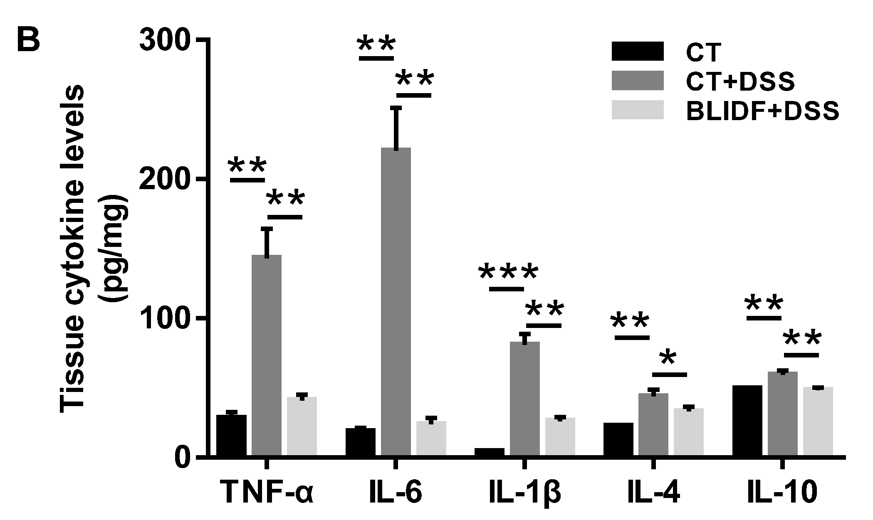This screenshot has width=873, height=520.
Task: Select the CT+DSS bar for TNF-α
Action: click(267, 355)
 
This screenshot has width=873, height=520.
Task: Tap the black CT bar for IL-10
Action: click(747, 421)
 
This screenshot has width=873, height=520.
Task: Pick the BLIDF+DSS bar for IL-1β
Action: click(560, 437)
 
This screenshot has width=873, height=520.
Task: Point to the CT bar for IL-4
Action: click(618, 439)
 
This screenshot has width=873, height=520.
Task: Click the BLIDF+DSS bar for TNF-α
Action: click(302, 426)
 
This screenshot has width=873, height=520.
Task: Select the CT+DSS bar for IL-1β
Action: click(525, 399)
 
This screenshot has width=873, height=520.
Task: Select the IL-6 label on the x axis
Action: click(396, 493)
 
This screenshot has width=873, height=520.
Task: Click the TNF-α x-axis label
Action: click(267, 493)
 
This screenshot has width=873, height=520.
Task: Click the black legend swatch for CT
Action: click(638, 52)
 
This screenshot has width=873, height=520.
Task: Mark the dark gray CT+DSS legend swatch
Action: click(638, 81)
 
